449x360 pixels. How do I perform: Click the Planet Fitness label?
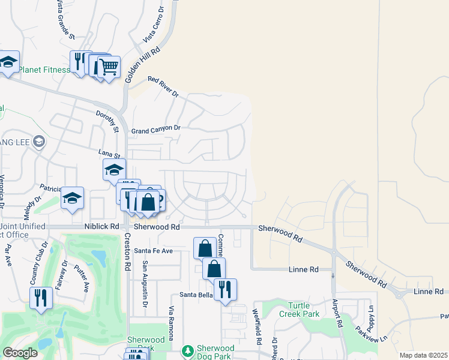pyautogui.click(x=44, y=70)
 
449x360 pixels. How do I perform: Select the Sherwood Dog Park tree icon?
pyautogui.click(x=188, y=350)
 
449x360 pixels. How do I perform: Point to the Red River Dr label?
pyautogui.click(x=163, y=87)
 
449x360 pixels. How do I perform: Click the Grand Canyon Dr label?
pyautogui.click(x=156, y=129)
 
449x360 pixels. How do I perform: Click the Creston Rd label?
pyautogui.click(x=127, y=251)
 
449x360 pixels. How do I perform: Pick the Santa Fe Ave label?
pyautogui.click(x=153, y=250)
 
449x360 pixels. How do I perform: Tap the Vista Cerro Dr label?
pyautogui.click(x=154, y=25)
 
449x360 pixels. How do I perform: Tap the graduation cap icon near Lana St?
pyautogui.click(x=114, y=170)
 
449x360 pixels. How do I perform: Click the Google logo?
pyautogui.click(x=20, y=353)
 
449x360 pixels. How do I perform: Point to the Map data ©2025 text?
pyautogui.click(x=423, y=355)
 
